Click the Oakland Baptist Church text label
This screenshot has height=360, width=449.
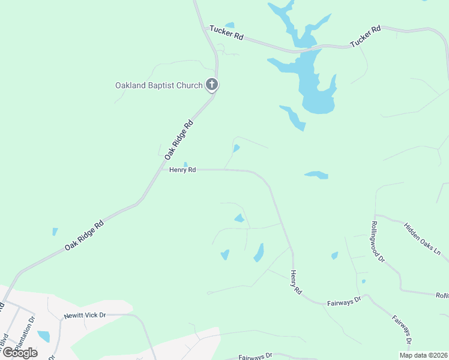(159, 85)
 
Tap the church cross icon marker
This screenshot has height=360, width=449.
(211, 85)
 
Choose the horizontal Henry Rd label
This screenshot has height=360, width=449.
(182, 170)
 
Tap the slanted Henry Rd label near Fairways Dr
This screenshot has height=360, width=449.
(296, 281)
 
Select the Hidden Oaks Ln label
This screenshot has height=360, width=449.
(422, 239)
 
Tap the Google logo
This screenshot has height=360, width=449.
(20, 353)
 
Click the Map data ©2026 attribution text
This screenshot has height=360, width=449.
(423, 355)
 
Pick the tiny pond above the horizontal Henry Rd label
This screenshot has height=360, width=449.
(185, 164)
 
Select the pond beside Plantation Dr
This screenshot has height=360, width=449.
(44, 336)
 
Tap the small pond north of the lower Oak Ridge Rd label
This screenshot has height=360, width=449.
(55, 232)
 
